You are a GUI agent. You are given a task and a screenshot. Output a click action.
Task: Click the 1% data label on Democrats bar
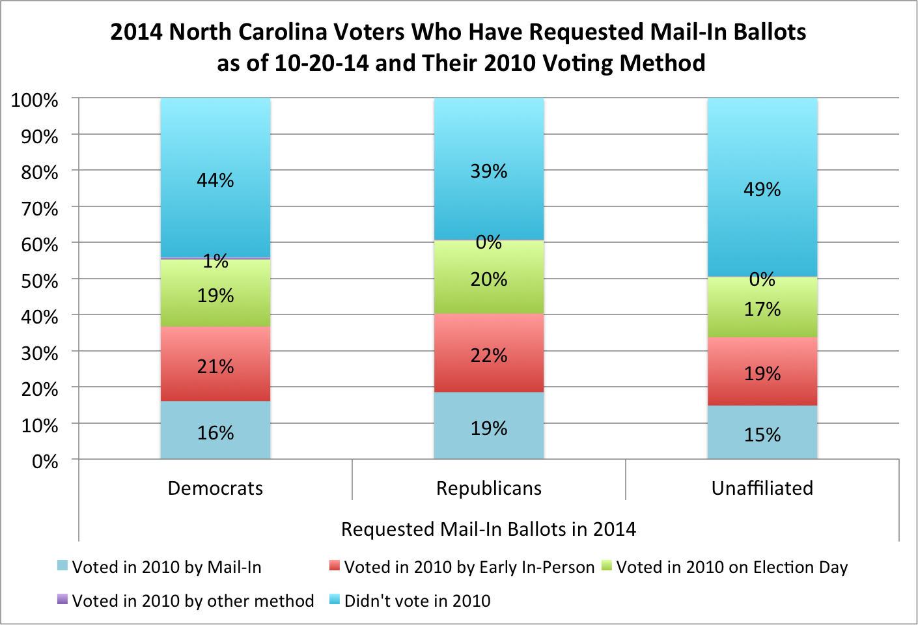tap(216, 261)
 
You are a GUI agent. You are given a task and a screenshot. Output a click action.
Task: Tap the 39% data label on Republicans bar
tap(489, 171)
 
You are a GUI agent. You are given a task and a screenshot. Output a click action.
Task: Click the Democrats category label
tap(216, 488)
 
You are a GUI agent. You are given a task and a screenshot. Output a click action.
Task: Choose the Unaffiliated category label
tap(762, 488)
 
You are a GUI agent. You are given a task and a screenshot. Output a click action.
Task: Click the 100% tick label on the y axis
tap(35, 100)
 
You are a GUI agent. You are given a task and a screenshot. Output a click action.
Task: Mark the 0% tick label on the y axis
tap(45, 462)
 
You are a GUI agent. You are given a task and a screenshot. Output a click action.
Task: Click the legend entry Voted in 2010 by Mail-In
tap(167, 567)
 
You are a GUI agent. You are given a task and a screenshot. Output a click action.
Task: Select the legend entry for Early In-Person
tap(469, 567)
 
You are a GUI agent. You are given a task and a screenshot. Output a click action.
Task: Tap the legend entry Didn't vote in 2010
tap(417, 601)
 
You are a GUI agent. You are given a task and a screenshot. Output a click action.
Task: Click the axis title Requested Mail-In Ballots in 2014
tap(488, 529)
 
